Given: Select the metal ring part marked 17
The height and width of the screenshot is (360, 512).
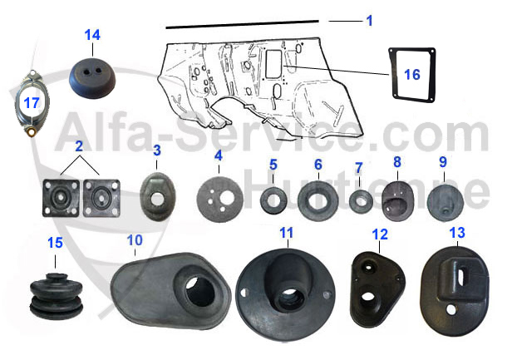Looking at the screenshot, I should [x=32, y=105].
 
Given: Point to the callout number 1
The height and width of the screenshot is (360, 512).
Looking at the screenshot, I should [x=369, y=20].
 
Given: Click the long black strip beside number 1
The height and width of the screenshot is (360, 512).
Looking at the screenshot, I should [x=241, y=24].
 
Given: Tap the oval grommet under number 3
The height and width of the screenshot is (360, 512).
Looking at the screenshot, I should [x=155, y=192].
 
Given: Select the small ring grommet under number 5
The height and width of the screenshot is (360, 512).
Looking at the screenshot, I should [x=273, y=200].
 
